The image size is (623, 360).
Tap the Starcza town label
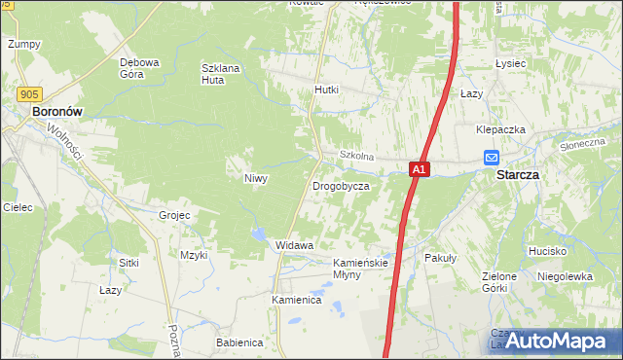click(517, 175)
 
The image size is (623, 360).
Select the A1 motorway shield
click(419, 169)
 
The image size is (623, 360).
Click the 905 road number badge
click(29, 93)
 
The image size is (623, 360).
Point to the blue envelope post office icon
click(492, 158)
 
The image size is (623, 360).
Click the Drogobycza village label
click(340, 185)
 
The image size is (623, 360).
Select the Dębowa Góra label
click(139, 68)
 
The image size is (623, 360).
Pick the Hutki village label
click(326, 90)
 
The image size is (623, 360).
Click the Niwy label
click(256, 179)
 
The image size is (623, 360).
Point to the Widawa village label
click(294, 245)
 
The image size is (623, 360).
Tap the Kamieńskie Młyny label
click(361, 269)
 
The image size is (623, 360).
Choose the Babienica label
click(239, 342)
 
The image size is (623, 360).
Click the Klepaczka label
click(501, 129)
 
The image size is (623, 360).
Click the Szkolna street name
click(356, 156)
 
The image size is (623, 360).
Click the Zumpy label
click(23, 45)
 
